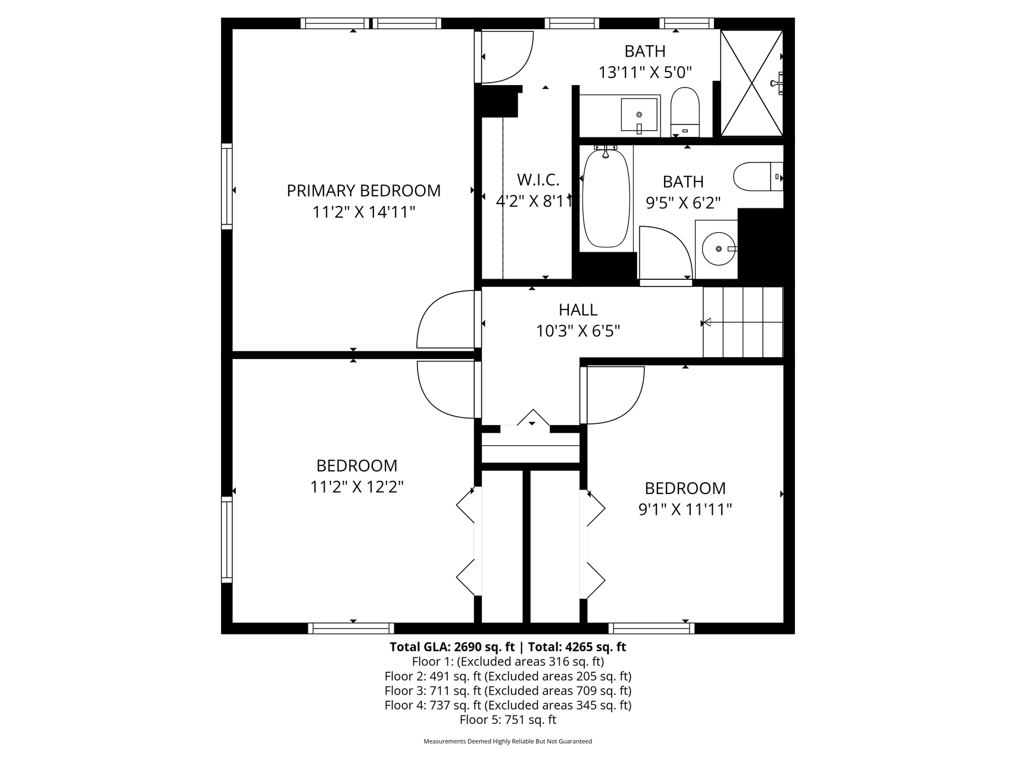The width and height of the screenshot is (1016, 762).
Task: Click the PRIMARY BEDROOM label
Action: tap(363, 190)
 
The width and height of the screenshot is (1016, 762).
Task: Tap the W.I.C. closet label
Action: tap(538, 179)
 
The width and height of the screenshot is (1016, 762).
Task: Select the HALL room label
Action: tap(578, 310)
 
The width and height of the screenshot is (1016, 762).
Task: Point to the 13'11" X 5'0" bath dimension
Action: tap(645, 73)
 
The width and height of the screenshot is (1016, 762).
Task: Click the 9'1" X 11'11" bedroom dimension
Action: tap(685, 510)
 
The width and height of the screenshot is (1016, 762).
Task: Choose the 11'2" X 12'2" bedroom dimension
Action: tap(357, 487)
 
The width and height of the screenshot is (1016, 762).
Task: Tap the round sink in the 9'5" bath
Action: tap(719, 248)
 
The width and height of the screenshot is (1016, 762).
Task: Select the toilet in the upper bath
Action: tap(685, 112)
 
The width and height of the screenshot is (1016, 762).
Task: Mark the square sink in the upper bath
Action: tap(640, 115)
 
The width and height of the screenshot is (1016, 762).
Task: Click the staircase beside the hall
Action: tap(743, 322)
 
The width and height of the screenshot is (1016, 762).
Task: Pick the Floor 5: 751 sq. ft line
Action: tap(508, 720)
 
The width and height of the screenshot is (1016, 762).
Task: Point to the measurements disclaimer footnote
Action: tap(508, 742)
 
